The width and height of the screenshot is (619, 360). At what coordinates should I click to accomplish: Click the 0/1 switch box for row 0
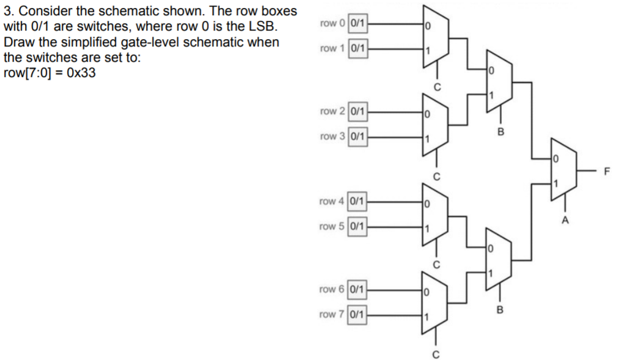coord(358,24)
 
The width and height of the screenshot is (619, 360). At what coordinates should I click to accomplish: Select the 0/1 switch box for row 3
coord(358,136)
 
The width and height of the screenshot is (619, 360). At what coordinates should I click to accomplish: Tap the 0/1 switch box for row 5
coord(358,226)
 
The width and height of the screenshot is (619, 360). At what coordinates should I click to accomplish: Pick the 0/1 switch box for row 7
coord(358,315)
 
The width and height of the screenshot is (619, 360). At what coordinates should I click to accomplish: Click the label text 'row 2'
coord(332,111)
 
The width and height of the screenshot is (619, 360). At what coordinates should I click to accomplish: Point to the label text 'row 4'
coord(332,201)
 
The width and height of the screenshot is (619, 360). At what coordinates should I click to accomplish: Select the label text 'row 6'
coord(332,289)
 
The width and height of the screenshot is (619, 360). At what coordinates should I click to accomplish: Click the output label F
coord(607,171)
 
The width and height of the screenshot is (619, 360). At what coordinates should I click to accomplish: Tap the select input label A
coord(565,219)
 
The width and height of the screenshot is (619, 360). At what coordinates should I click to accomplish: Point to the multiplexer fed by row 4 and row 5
coord(435,215)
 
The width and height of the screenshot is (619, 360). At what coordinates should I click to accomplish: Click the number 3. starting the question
coord(9,12)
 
